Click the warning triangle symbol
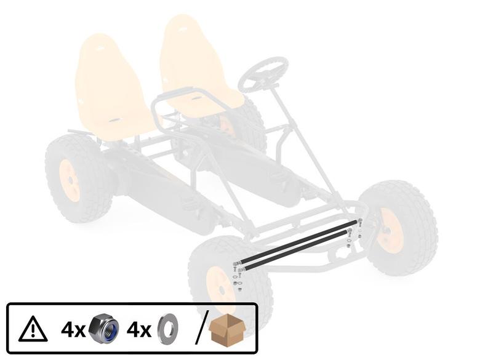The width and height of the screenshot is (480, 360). point(33,329)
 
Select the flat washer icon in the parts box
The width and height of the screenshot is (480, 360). point(168,329)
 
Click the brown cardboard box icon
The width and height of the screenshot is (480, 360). point(227,330)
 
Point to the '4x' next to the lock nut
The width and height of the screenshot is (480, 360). point(73,330)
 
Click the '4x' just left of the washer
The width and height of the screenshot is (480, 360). point(139,330)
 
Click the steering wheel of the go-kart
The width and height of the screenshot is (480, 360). point(263,75)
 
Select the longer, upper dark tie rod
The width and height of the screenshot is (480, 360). point(298,241)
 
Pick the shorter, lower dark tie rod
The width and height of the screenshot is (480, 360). point(296,250)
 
